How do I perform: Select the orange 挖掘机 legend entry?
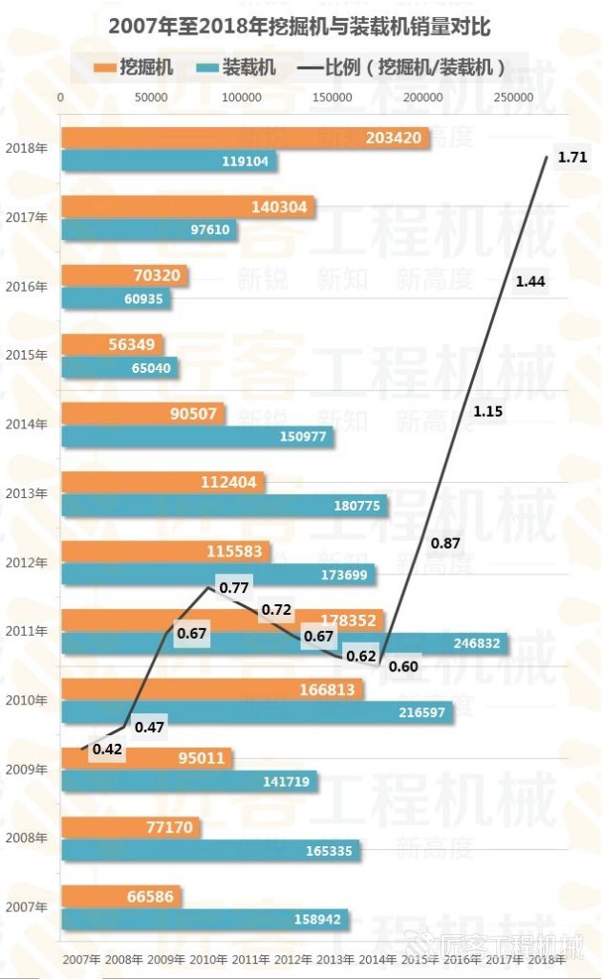[x=133, y=67]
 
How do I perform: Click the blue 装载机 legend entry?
[x=235, y=67]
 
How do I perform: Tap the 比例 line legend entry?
[x=401, y=67]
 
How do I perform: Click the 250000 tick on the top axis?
[x=514, y=98]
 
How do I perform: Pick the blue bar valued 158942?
[x=205, y=919]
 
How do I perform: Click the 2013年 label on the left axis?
[x=26, y=493]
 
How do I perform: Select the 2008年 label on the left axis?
[x=26, y=838]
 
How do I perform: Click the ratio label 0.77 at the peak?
[x=234, y=588]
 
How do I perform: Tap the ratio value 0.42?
[x=107, y=750]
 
